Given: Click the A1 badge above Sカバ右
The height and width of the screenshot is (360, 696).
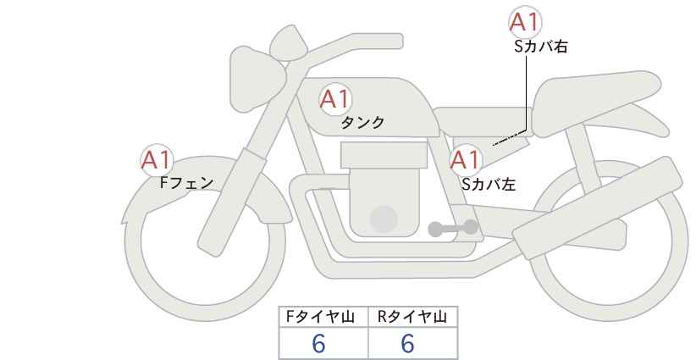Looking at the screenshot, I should (x=525, y=23).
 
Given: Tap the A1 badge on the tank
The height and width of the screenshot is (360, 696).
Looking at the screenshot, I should (x=334, y=99).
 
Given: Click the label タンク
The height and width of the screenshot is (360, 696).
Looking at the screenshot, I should (x=362, y=123).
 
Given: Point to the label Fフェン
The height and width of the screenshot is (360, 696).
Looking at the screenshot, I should (x=186, y=182).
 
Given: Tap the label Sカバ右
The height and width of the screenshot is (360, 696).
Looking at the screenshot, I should (x=540, y=47).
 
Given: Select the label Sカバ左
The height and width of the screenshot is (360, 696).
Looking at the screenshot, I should (x=489, y=182).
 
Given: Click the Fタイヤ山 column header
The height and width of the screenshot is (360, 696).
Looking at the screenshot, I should (x=324, y=317).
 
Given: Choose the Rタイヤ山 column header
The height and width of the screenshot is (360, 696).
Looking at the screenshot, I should (x=412, y=317).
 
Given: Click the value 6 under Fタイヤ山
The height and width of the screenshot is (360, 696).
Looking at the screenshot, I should (x=318, y=343).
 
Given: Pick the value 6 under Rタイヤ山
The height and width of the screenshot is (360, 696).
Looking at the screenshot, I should (x=407, y=343).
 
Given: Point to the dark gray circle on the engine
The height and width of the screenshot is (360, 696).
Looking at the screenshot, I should (x=384, y=219).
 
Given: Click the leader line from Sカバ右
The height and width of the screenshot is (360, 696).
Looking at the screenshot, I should (x=529, y=93).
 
